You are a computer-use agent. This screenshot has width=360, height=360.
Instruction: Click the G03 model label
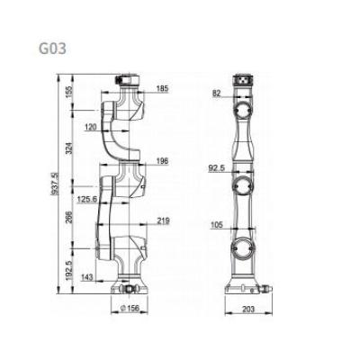[52, 49]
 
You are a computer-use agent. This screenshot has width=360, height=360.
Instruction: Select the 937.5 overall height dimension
[54, 184]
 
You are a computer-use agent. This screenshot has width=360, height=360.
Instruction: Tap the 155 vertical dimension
[68, 90]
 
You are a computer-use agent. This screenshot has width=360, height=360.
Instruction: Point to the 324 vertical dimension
[68, 148]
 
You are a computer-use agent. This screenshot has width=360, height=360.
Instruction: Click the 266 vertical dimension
[68, 217]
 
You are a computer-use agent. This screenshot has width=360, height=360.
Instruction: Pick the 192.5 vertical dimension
[68, 271]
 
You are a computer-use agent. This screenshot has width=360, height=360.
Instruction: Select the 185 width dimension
[162, 88]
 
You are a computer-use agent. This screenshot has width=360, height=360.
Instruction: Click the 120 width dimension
[91, 127]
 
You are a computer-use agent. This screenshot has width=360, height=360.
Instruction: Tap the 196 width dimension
[162, 161]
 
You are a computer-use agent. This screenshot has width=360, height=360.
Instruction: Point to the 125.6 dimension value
[87, 199]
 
